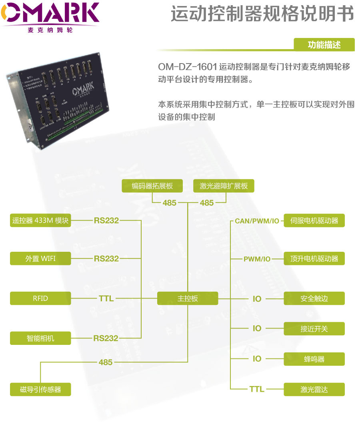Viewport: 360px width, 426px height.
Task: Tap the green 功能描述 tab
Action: click(324, 44)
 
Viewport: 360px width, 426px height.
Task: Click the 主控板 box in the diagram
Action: click(188, 299)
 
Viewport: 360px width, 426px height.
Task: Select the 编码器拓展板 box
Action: click(152, 186)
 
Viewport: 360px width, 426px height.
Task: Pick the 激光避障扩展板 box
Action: click(224, 186)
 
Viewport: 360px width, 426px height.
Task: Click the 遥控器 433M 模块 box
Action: click(40, 221)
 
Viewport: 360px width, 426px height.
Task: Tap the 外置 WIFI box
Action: click(40, 259)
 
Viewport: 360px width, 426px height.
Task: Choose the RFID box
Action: click(40, 299)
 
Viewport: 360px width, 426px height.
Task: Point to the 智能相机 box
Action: click(40, 338)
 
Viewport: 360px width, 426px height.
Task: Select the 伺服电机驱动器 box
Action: click(314, 221)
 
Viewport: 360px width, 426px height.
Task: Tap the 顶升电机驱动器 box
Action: click(314, 259)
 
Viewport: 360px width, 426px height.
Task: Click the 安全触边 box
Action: click(314, 299)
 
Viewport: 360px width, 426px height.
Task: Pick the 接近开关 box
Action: click(314, 329)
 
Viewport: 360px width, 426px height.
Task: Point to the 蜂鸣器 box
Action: click(314, 359)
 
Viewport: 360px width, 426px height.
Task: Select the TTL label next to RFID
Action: click(106, 299)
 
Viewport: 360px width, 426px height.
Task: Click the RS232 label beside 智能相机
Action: click(106, 338)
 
